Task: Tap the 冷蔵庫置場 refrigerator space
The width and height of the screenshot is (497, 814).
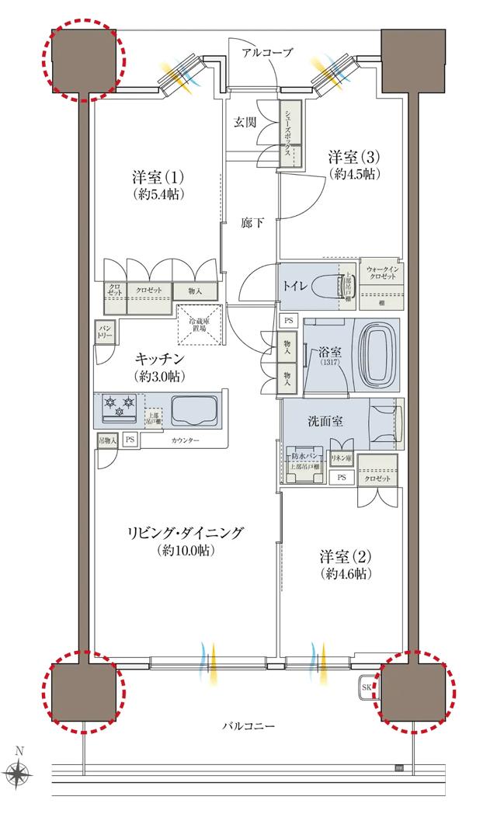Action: [x=200, y=324]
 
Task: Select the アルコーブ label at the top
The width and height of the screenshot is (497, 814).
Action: [x=267, y=53]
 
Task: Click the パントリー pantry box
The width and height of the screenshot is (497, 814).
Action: [x=104, y=333]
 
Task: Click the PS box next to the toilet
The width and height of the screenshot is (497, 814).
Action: [x=288, y=320]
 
